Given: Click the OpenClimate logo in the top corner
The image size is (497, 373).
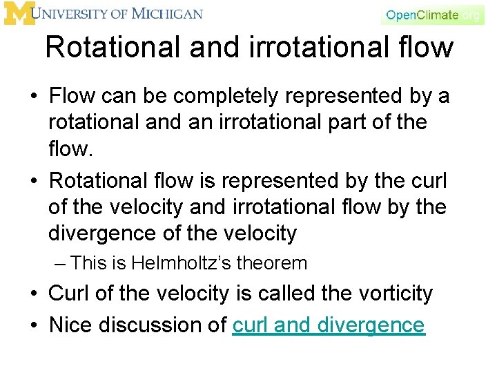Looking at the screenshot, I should pos(433,15).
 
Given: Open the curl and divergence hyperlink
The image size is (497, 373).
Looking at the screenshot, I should pos(329,325).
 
